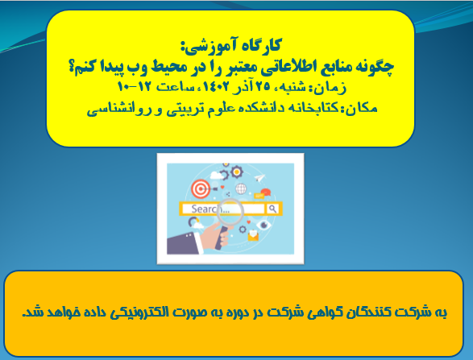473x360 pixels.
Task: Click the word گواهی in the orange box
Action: point(324,312)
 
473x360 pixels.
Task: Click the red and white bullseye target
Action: point(201,189)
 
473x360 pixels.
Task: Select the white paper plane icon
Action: point(259,178)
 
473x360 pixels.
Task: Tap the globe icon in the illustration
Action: point(241,189)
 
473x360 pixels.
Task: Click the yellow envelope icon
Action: point(253,235)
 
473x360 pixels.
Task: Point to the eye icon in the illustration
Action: point(264,225)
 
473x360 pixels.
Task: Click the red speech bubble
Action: point(265,192)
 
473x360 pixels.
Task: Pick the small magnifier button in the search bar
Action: point(272,209)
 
